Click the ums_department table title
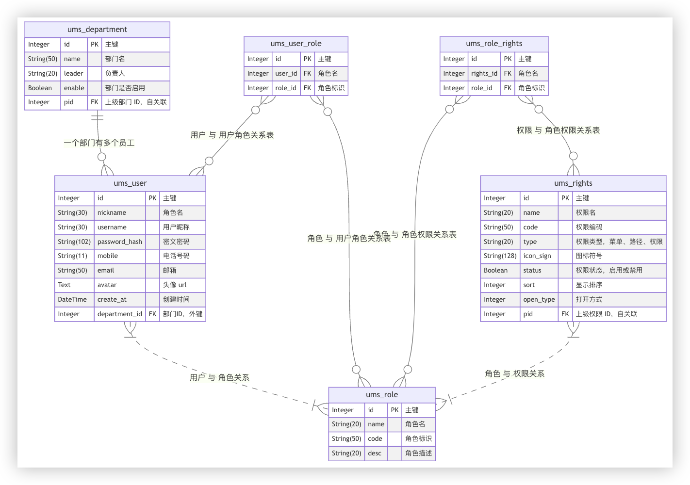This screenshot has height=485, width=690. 97,30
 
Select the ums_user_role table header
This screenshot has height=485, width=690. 296,44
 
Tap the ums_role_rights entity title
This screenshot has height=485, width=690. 494,44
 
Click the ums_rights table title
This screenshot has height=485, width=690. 573,183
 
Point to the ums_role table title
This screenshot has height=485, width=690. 382,395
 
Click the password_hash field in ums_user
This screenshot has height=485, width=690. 119,242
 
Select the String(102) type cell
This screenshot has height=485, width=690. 74,242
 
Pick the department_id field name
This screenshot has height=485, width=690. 119,314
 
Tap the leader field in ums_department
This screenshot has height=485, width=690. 74,73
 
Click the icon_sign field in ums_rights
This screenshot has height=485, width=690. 537,256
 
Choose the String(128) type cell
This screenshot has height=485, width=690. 500,256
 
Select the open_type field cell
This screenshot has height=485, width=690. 539,299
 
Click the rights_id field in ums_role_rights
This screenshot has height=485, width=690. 484,73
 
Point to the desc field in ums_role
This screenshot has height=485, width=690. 375,453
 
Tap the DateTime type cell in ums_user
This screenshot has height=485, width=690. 72,299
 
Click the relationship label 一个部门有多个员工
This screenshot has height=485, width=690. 99,143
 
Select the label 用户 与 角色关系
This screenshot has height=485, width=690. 219,377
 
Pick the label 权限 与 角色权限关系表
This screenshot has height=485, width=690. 558,130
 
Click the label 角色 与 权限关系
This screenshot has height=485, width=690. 514,373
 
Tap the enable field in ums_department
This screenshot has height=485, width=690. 74,88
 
